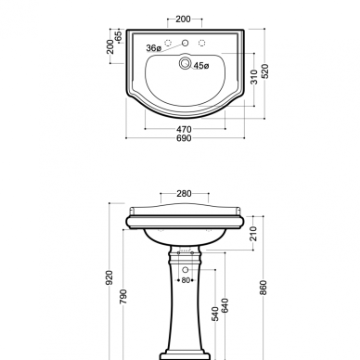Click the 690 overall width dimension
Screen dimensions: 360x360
click(184, 138)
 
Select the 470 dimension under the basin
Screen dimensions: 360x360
click(184, 129)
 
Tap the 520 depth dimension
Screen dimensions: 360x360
click(264, 71)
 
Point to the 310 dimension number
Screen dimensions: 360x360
click(254, 77)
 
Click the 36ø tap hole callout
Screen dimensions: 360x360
click(154, 48)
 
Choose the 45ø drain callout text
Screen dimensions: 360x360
click(201, 66)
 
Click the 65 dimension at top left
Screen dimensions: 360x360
click(118, 36)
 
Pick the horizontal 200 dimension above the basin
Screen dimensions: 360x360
click(183, 19)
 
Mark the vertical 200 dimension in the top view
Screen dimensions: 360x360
click(110, 46)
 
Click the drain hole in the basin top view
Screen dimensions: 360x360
click(185, 63)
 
